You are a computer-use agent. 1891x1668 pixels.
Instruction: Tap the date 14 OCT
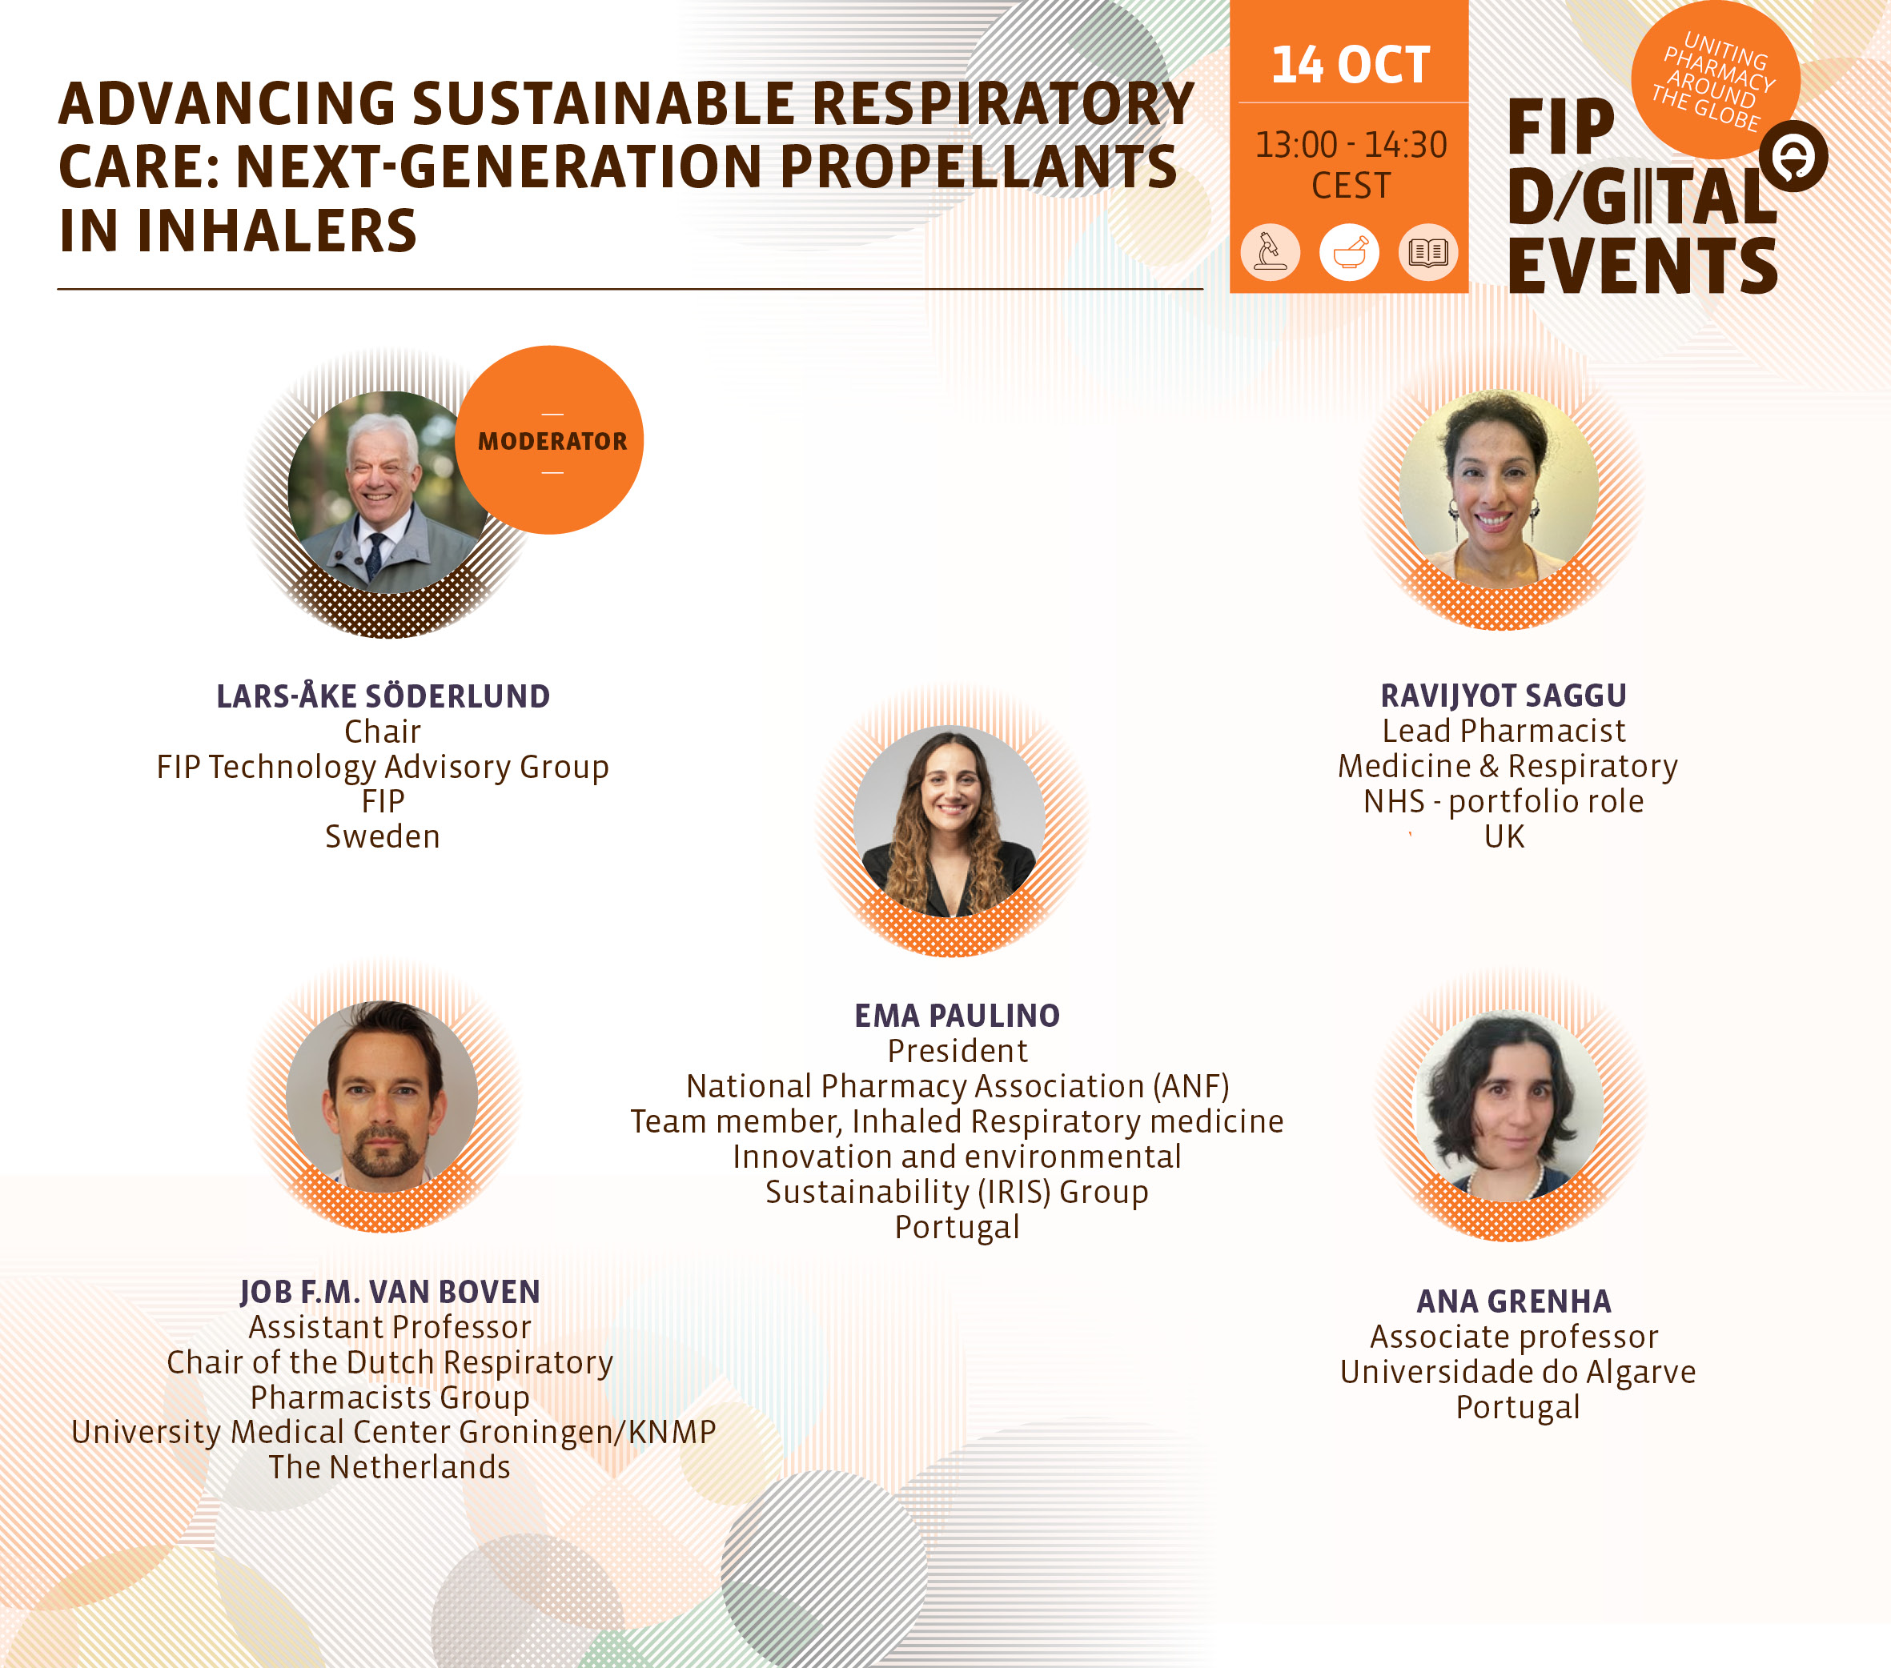coord(1350,65)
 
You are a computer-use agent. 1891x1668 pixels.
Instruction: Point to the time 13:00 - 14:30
coord(1350,144)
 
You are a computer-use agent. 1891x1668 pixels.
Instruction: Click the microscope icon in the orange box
coord(1271,251)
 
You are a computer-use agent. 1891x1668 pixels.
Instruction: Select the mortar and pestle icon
coord(1349,251)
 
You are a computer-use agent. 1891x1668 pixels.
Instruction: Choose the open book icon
coord(1427,251)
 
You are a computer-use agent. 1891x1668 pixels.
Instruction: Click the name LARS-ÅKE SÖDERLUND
coord(383,696)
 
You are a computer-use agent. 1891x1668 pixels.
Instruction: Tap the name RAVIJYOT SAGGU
coord(1504,695)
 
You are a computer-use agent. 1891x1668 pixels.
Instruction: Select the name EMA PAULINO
coord(957,1015)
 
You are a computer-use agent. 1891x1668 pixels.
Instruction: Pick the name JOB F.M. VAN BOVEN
coord(389,1292)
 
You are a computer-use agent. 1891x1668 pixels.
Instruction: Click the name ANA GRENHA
coord(1514,1301)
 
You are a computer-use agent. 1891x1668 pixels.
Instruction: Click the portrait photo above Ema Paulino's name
coord(950,820)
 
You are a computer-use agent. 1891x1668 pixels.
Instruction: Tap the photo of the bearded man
coord(382,1097)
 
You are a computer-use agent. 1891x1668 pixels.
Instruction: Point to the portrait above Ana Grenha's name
coord(1510,1105)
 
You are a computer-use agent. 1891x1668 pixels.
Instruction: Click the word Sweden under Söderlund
coord(382,836)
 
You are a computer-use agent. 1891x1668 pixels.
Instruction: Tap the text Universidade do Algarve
coord(1517,1371)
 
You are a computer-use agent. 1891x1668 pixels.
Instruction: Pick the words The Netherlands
coord(389,1467)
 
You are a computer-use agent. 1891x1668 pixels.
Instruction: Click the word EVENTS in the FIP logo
coord(1643,267)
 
